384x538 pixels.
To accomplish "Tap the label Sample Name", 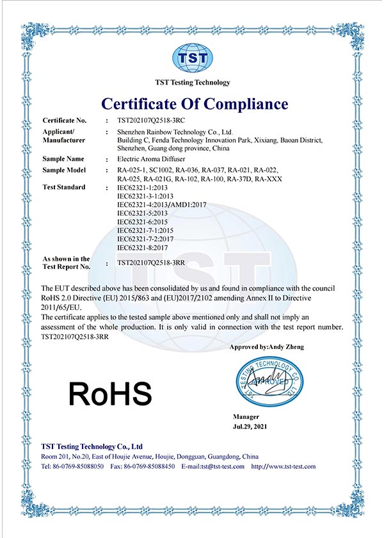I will (63, 158).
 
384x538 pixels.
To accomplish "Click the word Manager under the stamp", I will (246, 416).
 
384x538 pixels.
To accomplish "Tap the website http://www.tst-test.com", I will (284, 466).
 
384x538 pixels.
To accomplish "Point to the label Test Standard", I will (63, 187).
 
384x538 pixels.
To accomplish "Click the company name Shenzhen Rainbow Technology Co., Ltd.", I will (171, 131).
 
